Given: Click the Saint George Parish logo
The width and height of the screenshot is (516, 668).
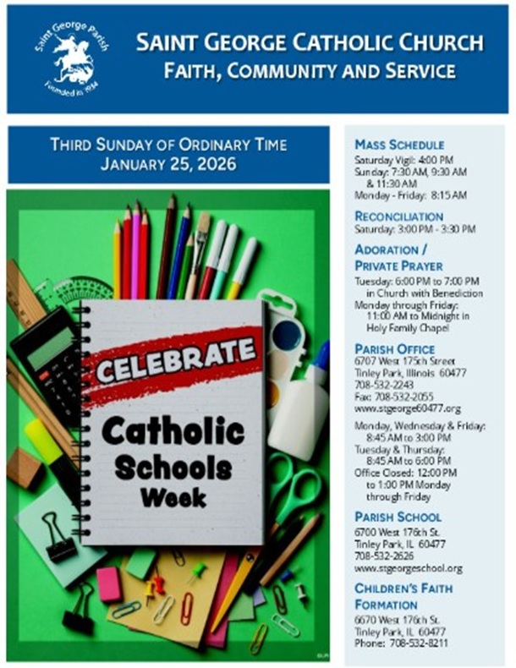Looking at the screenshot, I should click(x=71, y=57).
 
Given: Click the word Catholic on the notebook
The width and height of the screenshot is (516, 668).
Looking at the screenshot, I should click(x=173, y=431).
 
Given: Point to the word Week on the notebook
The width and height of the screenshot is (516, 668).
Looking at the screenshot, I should click(x=173, y=498).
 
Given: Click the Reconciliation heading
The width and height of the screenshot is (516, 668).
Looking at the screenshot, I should click(x=398, y=216).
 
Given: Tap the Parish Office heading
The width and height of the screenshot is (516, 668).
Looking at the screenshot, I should click(x=394, y=348).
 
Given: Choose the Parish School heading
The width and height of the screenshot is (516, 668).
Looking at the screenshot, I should click(x=398, y=517).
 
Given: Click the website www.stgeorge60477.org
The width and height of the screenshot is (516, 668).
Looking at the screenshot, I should click(x=408, y=408).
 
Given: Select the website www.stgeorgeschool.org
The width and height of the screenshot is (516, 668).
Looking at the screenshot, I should click(x=409, y=568).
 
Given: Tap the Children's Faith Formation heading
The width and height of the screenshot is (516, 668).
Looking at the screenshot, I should click(x=403, y=596).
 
